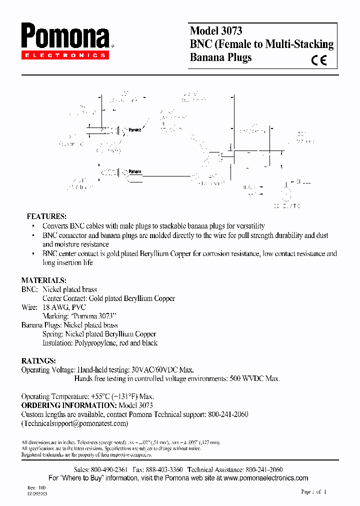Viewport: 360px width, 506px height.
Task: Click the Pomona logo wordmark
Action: (65, 37)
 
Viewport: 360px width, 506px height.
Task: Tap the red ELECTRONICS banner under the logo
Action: (65, 55)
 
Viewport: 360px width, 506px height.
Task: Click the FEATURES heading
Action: (46, 216)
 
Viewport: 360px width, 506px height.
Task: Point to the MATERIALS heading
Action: (43, 280)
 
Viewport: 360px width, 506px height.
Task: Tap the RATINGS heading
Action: (38, 360)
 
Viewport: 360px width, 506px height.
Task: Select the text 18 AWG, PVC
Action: (64, 307)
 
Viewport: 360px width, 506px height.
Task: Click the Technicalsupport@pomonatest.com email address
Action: (74, 423)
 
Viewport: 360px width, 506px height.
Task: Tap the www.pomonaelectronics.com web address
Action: (266, 478)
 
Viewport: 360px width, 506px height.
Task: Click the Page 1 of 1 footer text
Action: (313, 491)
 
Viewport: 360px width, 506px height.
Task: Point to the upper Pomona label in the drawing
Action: (134, 130)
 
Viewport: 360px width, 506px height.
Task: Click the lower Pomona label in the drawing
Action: (134, 171)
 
